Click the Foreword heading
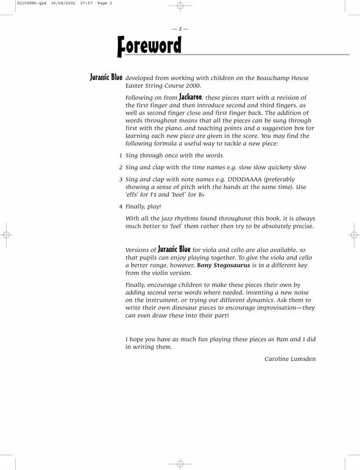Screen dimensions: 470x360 coord(149,46)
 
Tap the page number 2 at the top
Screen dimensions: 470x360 coord(180,29)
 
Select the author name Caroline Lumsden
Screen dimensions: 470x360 coord(290,359)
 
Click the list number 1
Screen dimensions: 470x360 coord(120,156)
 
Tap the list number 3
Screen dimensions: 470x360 coord(120,179)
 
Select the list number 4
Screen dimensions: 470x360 coord(120,207)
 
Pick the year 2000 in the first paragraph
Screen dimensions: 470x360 coord(192,86)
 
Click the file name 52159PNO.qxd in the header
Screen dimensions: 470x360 coord(17,3)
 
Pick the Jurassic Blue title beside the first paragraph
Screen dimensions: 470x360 coord(106,77)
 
